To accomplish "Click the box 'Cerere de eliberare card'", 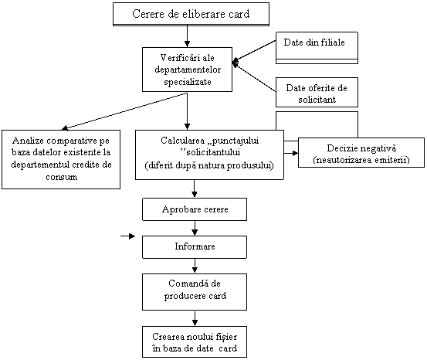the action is [191, 14].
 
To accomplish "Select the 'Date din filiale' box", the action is [317, 48].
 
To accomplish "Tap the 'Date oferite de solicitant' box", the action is [317, 93].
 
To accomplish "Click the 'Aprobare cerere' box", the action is [195, 209].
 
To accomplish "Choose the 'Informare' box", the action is [195, 247].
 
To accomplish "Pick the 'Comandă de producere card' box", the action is [195, 292].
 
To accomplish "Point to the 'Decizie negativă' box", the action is [361, 152].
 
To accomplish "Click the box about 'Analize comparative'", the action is [61, 159].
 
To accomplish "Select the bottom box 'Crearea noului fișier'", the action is [195, 341].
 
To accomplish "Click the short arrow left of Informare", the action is [127, 236].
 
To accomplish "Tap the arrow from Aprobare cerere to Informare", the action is [195, 228].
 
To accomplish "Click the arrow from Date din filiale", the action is [254, 52].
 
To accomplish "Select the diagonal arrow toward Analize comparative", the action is [124, 111].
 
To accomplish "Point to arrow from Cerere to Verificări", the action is [187, 36].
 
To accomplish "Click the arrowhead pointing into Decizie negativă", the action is [295, 153].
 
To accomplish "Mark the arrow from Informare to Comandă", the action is [195, 266].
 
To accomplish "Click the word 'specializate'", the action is [188, 82].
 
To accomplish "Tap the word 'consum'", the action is [61, 177].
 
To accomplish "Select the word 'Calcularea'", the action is [182, 141].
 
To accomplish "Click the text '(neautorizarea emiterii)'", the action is [361, 160].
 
